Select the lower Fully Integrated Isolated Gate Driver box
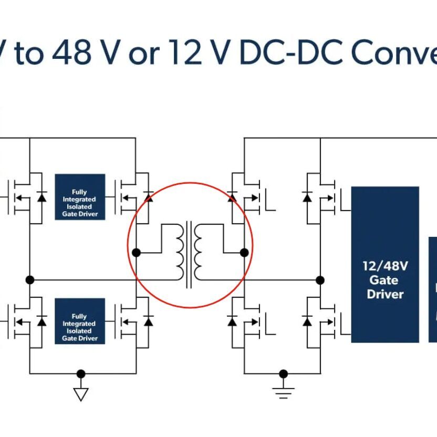click(80, 321)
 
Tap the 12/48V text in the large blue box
click(385, 266)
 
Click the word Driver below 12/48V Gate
click(385, 294)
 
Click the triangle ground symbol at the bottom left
click(80, 394)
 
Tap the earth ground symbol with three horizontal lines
click(283, 392)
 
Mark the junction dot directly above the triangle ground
click(80, 374)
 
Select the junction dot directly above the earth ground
click(283, 374)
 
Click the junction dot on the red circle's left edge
click(136, 253)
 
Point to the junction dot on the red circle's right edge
click(244, 253)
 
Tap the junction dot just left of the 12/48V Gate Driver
click(320, 280)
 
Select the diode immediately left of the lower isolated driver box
click(41, 321)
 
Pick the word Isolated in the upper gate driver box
click(80, 207)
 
